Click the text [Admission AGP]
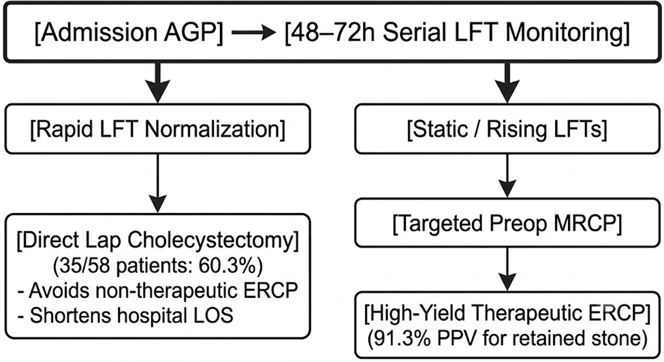[129, 33]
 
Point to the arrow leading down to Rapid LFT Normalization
[157, 83]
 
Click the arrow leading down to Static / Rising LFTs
[507, 83]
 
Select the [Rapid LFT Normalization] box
[157, 129]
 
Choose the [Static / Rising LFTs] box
[507, 129]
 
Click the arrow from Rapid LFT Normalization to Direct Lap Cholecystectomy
[157, 183]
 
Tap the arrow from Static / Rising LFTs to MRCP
[507, 176]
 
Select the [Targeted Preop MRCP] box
[507, 223]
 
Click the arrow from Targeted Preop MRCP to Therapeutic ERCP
[507, 269]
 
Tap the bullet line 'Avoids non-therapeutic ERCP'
[157, 291]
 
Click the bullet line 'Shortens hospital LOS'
[125, 315]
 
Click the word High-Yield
[415, 314]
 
